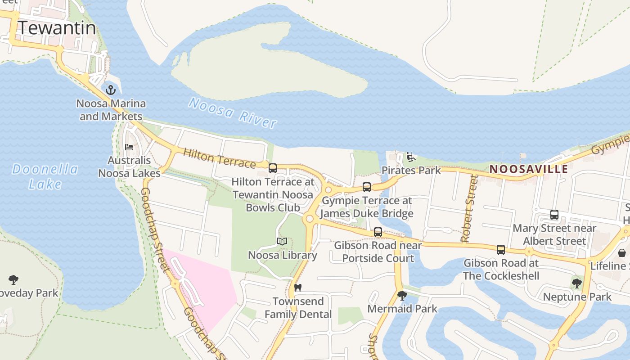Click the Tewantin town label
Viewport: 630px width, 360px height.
click(57, 28)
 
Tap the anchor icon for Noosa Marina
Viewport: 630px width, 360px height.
click(111, 90)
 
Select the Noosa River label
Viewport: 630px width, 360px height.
click(232, 112)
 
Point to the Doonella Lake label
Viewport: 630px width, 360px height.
click(45, 176)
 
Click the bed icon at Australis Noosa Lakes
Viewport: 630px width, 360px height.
click(129, 147)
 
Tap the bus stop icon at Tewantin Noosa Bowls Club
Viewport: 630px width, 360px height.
click(273, 168)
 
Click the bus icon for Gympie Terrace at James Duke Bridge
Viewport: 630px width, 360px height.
click(367, 187)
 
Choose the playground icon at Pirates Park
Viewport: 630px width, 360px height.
click(410, 157)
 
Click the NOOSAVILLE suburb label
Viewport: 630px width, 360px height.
click(529, 169)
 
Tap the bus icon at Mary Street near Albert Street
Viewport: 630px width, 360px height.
click(554, 215)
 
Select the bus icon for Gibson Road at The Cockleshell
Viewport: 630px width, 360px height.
click(501, 250)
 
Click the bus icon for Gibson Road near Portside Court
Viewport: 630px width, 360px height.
click(378, 232)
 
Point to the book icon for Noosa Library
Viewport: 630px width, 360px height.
click(282, 242)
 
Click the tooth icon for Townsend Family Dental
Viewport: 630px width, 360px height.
click(297, 288)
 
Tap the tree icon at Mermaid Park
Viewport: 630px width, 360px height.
click(402, 296)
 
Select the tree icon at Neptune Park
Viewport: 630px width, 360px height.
click(577, 283)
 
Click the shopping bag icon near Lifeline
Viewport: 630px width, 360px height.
click(622, 253)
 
